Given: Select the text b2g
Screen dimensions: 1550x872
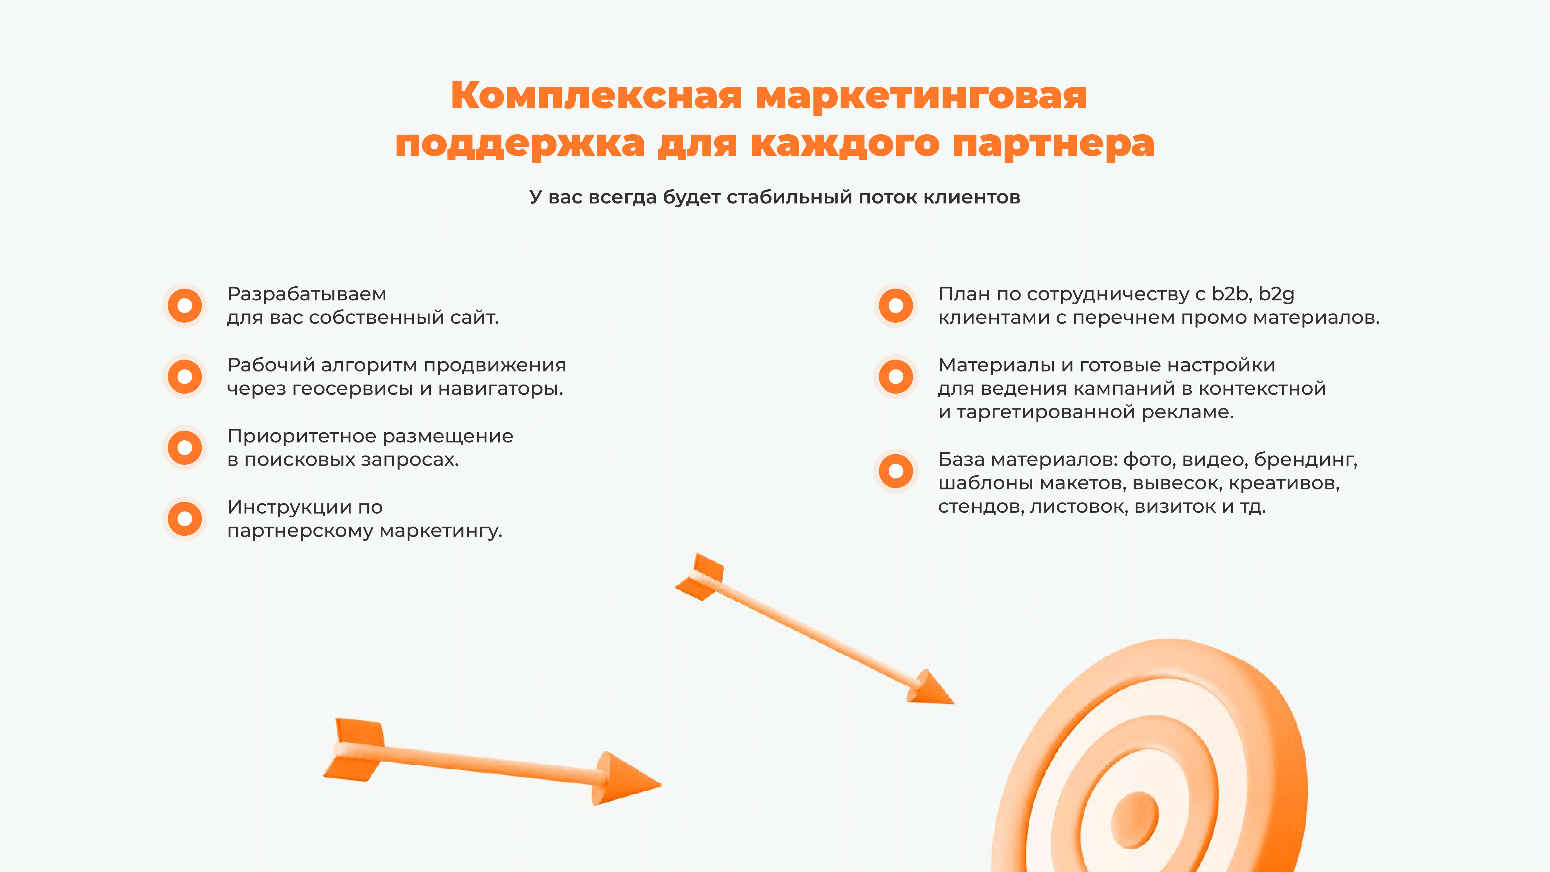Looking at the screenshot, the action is point(1276,294).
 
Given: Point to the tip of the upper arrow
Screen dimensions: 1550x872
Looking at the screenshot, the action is point(954,703).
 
